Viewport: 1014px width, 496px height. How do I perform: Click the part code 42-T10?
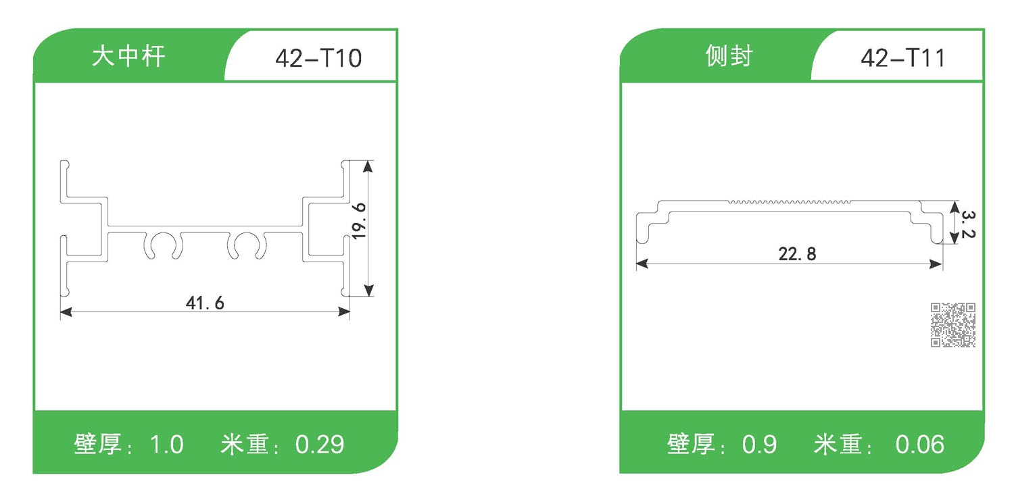coord(318,59)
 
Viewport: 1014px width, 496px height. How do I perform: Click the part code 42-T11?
coord(903,59)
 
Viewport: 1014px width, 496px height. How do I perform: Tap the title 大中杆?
coord(128,57)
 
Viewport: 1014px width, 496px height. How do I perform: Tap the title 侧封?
coord(728,57)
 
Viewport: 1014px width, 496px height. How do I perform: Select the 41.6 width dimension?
coord(205,303)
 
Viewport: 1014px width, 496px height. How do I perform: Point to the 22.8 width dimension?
coord(797,255)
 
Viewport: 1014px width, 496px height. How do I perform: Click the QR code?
coord(953,325)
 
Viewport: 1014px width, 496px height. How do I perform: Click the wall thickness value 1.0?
coord(166,445)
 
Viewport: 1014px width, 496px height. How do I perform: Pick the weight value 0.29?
coord(320,445)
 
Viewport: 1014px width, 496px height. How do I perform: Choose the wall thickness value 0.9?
coord(759,445)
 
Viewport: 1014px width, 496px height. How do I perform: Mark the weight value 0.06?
coord(919,445)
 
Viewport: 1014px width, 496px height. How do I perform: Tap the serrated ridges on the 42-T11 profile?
coord(790,201)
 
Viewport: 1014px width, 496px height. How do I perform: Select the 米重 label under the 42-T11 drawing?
coord(838,445)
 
